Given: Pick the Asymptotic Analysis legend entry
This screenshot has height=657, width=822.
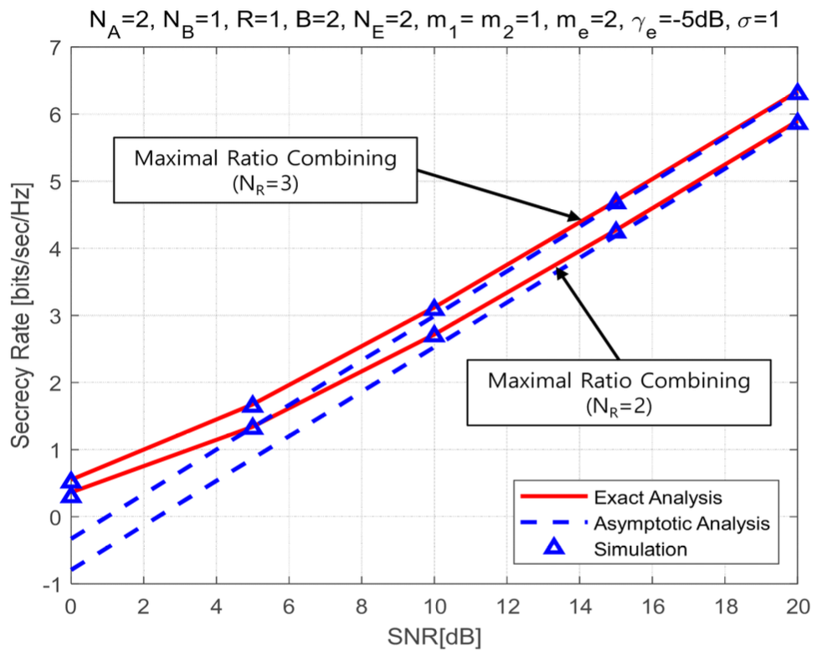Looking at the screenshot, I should (681, 524).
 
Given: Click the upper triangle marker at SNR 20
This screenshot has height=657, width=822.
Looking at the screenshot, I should (798, 92).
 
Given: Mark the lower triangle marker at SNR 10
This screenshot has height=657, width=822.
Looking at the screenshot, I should (434, 335).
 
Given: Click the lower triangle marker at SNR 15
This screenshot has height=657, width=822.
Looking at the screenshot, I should (616, 231).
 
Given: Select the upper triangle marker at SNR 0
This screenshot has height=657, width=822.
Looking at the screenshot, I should (71, 481).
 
